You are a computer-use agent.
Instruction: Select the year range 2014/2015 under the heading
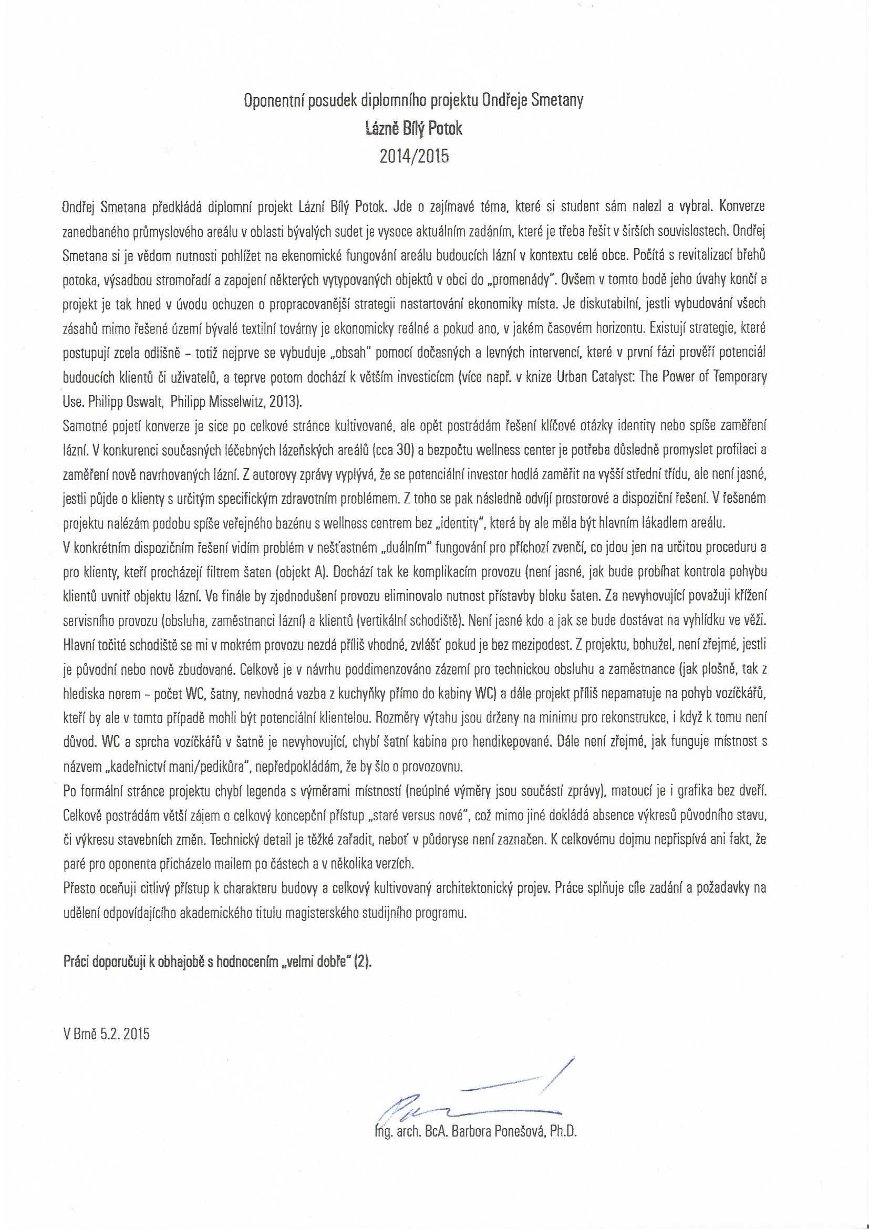pyautogui.click(x=413, y=156)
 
